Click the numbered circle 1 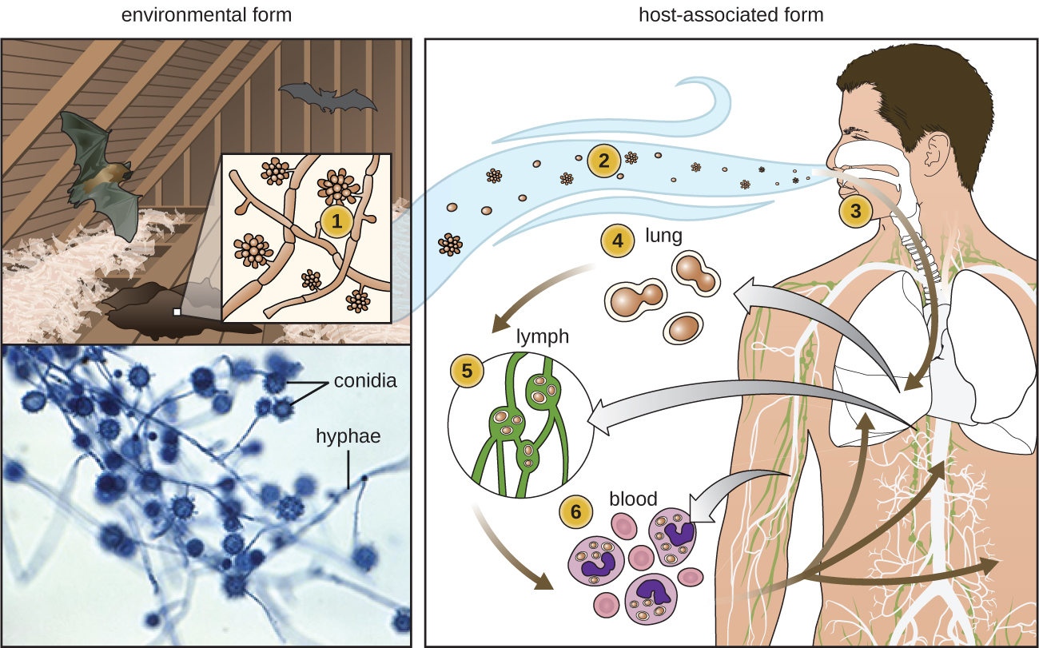click(336, 223)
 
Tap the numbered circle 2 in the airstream click(603, 161)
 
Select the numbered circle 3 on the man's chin click(855, 212)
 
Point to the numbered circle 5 click(467, 371)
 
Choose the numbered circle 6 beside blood click(577, 511)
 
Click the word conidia click(365, 381)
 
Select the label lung click(663, 237)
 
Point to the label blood click(633, 499)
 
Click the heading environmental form click(206, 14)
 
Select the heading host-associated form click(730, 14)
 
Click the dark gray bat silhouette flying click(328, 98)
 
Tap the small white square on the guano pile click(177, 312)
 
